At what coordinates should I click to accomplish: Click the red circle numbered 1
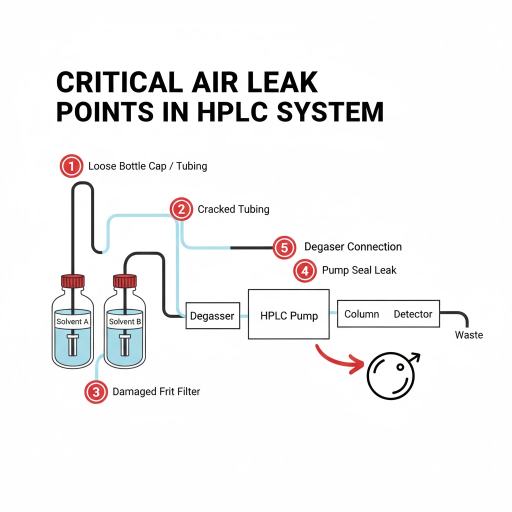point(71,166)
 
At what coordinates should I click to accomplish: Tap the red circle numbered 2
point(181,209)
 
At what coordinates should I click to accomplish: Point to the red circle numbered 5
point(284,247)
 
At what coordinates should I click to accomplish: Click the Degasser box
point(212,316)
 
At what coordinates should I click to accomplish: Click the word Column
point(361,314)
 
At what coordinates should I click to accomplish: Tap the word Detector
point(412,314)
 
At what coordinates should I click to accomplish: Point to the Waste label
point(468,335)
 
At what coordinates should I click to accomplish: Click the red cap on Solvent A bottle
point(72,281)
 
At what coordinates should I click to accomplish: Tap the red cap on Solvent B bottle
point(124,281)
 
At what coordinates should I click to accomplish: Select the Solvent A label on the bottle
point(72,321)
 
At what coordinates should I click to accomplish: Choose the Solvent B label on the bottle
point(124,321)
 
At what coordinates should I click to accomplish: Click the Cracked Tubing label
point(233,209)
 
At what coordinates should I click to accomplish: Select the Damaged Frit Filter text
point(156,392)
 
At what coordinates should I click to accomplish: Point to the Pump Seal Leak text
point(359,270)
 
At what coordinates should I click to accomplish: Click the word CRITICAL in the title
point(120,82)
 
